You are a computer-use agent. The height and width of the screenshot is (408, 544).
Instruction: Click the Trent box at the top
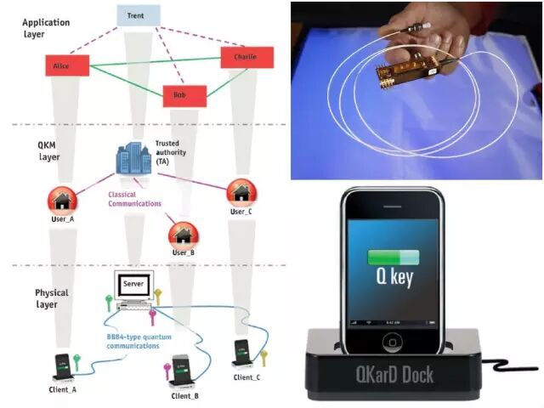click(x=136, y=15)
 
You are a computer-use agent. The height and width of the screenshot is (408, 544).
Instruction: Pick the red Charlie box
click(x=247, y=57)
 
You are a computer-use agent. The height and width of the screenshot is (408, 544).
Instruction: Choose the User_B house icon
click(x=183, y=232)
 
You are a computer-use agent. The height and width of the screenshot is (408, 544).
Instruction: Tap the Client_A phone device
click(x=61, y=364)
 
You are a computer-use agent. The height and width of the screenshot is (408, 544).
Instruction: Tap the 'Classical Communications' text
click(x=133, y=198)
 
